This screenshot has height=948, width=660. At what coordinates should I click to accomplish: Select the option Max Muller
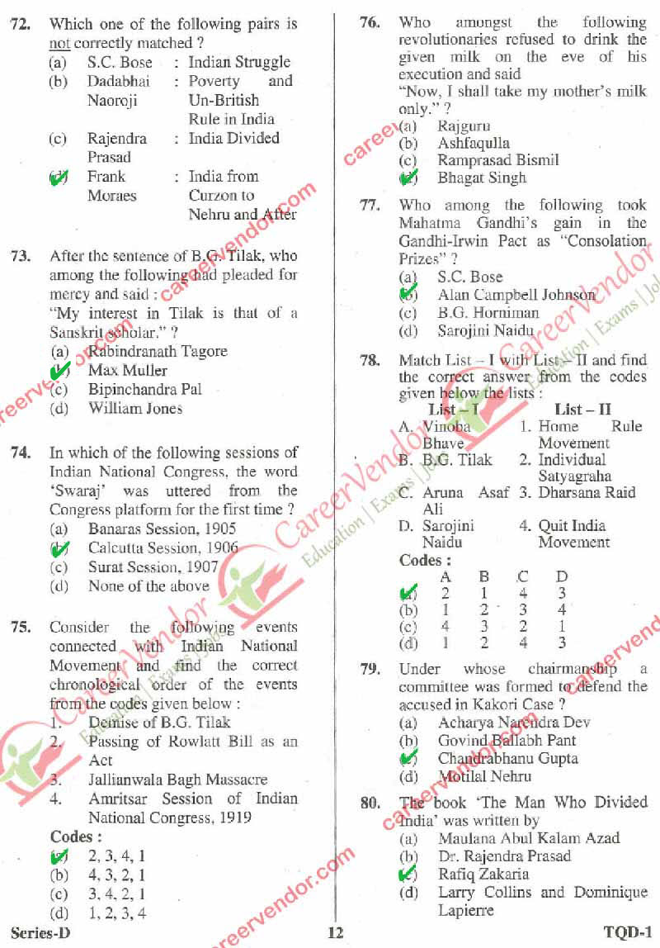coord(127,370)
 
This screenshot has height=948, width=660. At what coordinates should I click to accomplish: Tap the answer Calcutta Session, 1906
coord(163,547)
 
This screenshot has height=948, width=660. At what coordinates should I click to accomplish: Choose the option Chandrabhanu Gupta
coord(507,758)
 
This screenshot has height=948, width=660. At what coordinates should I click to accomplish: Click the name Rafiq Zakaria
coord(483,874)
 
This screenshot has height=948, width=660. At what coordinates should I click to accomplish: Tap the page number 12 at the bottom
coord(335,933)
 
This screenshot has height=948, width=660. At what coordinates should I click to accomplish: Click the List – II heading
coord(582,410)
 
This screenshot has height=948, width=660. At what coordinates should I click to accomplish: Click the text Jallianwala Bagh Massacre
coord(177,780)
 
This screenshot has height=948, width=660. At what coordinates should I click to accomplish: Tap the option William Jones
coord(135,408)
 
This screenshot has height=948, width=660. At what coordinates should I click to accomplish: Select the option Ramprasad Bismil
coord(498,160)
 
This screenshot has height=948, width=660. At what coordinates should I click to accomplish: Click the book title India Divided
coord(233,138)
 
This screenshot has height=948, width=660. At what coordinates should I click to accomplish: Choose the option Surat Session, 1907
coord(153,567)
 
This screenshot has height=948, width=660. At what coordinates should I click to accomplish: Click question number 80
coord(370,803)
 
